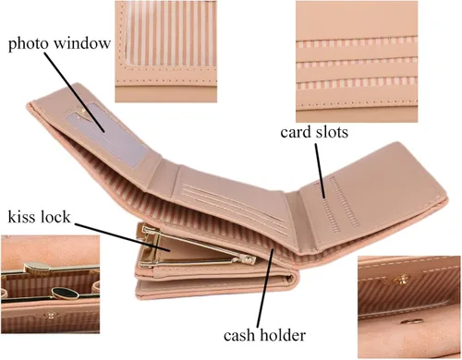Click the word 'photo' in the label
(28, 44)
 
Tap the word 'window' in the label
(82, 42)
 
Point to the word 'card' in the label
(296, 132)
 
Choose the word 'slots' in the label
(332, 132)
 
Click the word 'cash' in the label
(238, 335)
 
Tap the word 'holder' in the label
(283, 335)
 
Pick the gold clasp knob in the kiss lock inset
(37, 268)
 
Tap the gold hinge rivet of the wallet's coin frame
(249, 260)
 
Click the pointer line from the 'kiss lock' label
(123, 237)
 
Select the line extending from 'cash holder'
(265, 288)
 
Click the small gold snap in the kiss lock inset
(51, 315)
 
